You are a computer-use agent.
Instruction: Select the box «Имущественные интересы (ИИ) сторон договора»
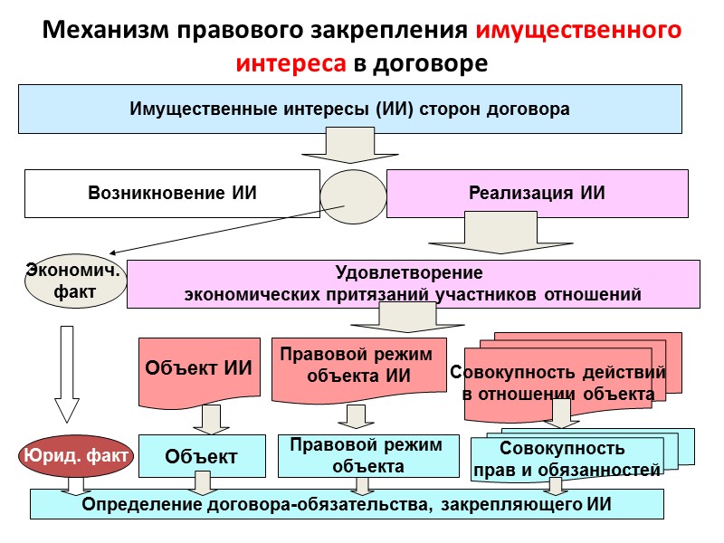click(x=349, y=109)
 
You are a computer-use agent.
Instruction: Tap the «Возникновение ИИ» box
click(x=172, y=193)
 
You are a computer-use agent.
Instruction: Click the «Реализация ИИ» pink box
click(x=537, y=193)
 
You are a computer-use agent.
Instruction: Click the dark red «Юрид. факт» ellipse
click(x=75, y=456)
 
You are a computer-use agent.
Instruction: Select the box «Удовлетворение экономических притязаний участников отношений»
click(x=413, y=283)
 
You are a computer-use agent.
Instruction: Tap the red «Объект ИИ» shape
click(x=198, y=369)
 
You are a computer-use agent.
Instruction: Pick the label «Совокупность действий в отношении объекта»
click(x=557, y=383)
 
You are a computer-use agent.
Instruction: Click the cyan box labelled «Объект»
click(x=201, y=457)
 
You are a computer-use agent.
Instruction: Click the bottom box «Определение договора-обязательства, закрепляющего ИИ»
click(x=348, y=504)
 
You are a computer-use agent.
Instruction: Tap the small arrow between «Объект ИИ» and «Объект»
click(x=212, y=419)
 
